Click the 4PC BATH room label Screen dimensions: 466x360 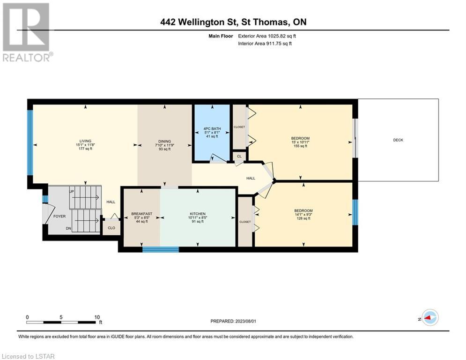point(212,129)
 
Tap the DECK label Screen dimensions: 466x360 point(398,140)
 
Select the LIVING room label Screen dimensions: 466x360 point(85,141)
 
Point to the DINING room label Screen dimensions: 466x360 point(165,141)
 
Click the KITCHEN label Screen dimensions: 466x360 point(198,214)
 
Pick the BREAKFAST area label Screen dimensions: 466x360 point(142,214)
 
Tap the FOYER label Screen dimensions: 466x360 point(59,216)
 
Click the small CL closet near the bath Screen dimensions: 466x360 point(239,156)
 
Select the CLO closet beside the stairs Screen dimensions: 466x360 point(111,228)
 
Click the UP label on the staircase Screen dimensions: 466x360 point(71,192)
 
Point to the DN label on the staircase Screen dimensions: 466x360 point(68,228)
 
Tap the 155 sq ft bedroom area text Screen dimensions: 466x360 point(300,146)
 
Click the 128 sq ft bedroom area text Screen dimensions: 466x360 point(303,218)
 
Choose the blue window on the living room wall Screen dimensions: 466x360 point(30,143)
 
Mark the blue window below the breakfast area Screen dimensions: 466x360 point(161,249)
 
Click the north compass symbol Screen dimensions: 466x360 point(430,318)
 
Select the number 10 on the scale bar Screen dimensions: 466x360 point(97,317)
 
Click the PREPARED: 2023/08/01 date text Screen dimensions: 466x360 point(233,321)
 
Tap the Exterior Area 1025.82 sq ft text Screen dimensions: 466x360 point(267,36)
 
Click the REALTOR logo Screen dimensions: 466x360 point(27,32)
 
